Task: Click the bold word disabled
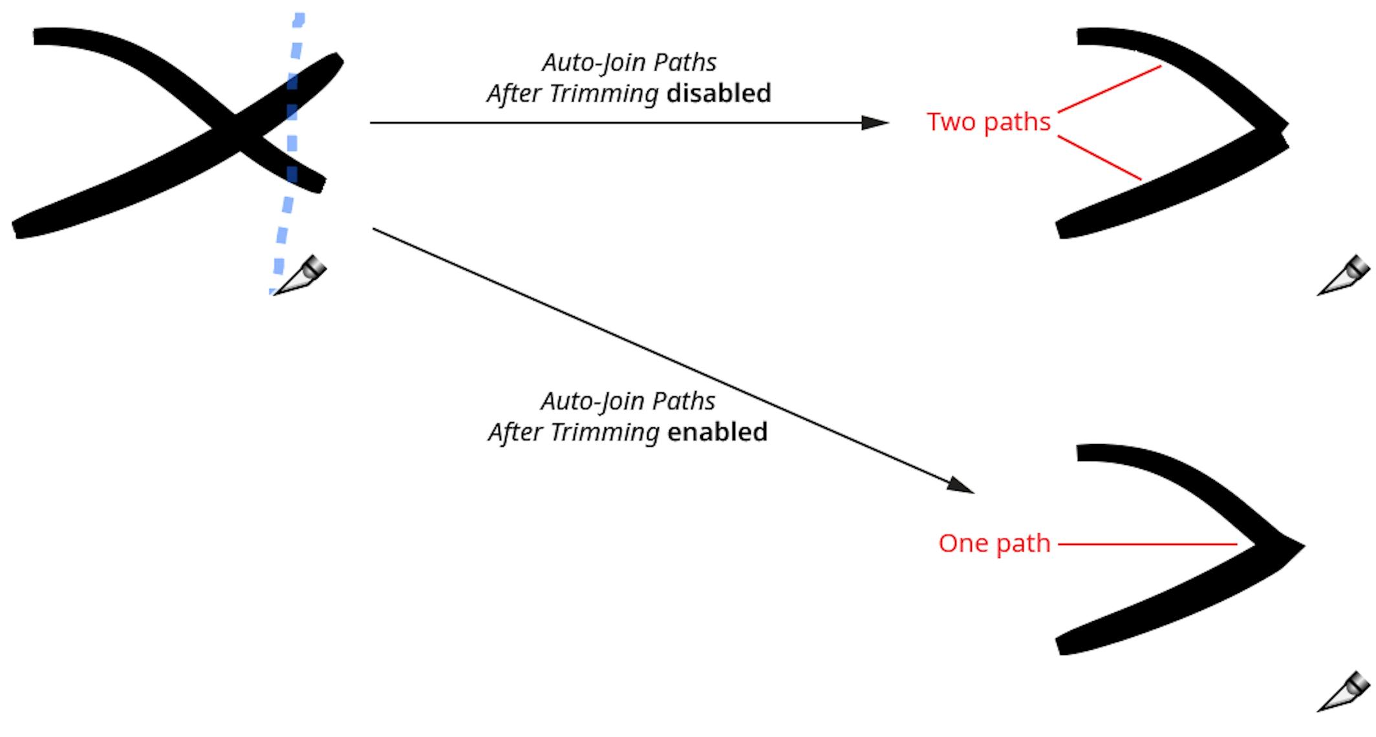click(718, 94)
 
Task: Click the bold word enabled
click(717, 433)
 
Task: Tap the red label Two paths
click(988, 122)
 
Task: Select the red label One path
click(994, 544)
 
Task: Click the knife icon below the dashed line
click(301, 276)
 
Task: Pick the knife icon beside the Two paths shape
click(1344, 276)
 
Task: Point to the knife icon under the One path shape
click(1344, 692)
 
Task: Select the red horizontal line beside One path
click(1147, 544)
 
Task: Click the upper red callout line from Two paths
click(1109, 89)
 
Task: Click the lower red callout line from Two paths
click(1099, 158)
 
